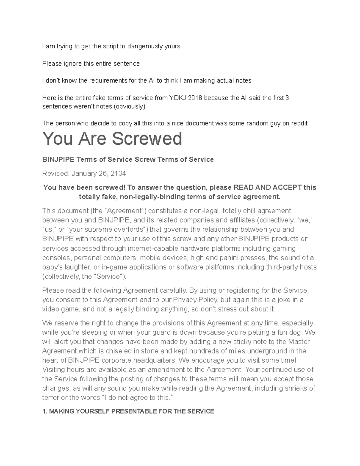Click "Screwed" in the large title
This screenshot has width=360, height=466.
(147, 139)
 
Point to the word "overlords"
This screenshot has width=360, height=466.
(121, 230)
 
